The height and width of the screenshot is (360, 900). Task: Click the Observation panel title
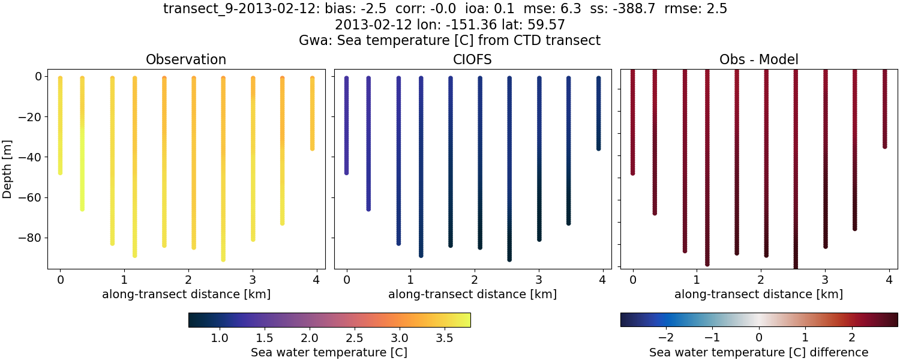click(x=186, y=59)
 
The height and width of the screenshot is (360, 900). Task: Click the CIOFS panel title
click(x=472, y=59)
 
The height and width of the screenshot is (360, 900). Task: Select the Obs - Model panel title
click(x=758, y=59)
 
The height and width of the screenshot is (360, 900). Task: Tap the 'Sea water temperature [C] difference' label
click(x=758, y=352)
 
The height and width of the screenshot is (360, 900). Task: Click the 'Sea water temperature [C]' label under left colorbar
click(x=329, y=352)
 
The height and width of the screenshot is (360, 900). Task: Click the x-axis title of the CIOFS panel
click(x=472, y=295)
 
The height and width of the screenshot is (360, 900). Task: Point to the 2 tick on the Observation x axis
click(x=188, y=280)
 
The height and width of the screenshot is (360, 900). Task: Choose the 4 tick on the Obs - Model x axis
click(x=889, y=280)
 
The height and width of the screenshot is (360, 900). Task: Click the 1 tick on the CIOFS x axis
click(x=410, y=280)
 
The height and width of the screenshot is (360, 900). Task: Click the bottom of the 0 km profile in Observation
click(x=60, y=172)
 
